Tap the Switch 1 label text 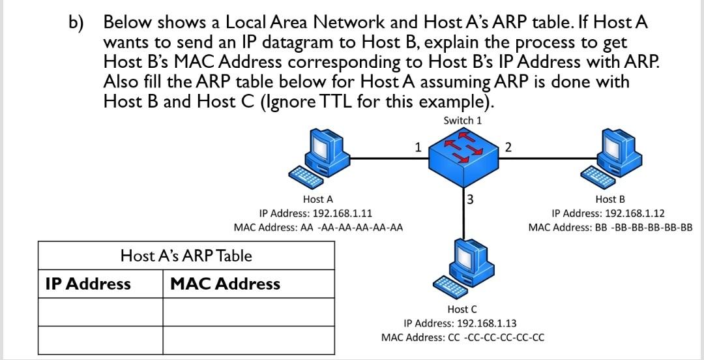pyautogui.click(x=463, y=121)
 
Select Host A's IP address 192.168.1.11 pyautogui.click(x=316, y=213)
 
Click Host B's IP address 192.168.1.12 pyautogui.click(x=608, y=213)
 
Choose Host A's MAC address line pyautogui.click(x=318, y=228)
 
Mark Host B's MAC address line pyautogui.click(x=610, y=228)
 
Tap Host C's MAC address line pyautogui.click(x=463, y=337)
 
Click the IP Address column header pyautogui.click(x=88, y=284)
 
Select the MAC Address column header pyautogui.click(x=225, y=284)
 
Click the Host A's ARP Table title pyautogui.click(x=186, y=256)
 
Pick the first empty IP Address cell pyautogui.click(x=100, y=312)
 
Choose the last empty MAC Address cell pyautogui.click(x=248, y=340)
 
